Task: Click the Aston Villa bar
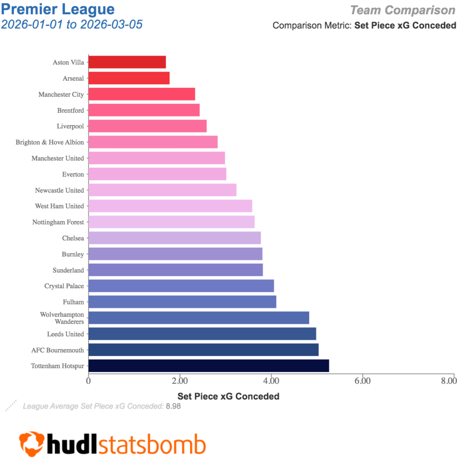[x=127, y=62]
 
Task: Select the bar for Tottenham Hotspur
[x=208, y=366]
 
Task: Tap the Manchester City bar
[x=141, y=94]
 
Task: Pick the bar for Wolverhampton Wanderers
[x=199, y=318]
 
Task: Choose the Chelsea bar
[x=174, y=238]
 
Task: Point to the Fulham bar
[x=182, y=302]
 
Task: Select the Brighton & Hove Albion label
[x=50, y=142]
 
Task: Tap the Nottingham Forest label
[x=58, y=222]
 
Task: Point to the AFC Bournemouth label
[x=58, y=350]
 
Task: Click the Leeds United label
[x=65, y=334]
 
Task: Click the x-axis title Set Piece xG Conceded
[x=228, y=396]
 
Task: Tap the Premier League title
[x=58, y=9]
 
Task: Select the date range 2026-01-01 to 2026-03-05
[x=72, y=24]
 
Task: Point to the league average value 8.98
[x=173, y=406]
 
